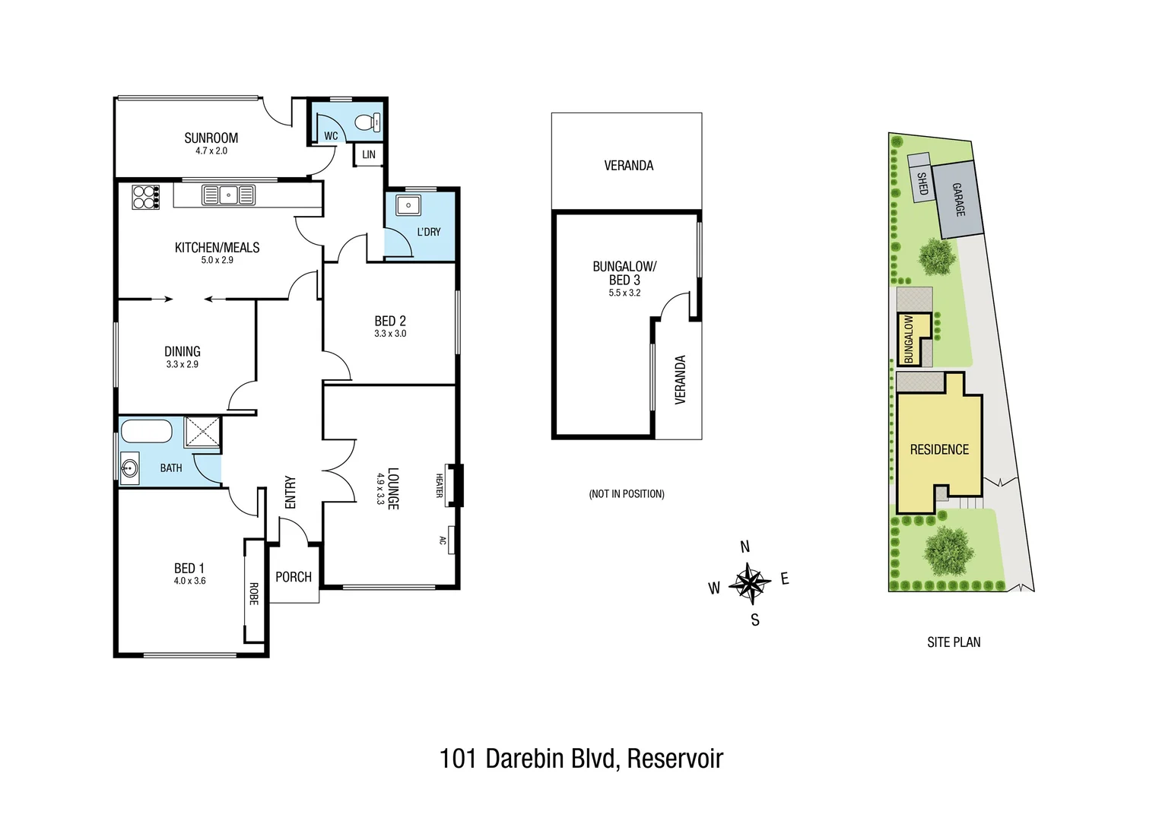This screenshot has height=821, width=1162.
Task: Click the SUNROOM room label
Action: (x=211, y=138)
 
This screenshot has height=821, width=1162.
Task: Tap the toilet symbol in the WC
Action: (x=368, y=122)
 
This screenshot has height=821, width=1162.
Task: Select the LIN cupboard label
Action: (x=369, y=154)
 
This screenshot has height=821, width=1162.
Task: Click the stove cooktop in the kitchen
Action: (x=146, y=197)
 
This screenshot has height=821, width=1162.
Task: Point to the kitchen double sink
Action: (x=228, y=195)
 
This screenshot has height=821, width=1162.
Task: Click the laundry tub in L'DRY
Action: (x=408, y=205)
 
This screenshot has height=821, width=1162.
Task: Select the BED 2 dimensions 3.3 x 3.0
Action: (x=390, y=334)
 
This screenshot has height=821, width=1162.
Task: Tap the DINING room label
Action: (x=183, y=351)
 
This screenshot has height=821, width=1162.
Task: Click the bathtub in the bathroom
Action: (x=147, y=431)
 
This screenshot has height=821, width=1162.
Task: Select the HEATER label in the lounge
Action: (x=440, y=486)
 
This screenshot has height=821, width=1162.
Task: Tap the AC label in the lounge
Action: (x=442, y=540)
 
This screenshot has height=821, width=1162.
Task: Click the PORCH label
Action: (x=294, y=577)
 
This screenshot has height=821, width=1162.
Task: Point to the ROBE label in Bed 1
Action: (x=253, y=594)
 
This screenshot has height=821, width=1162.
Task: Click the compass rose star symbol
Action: (x=750, y=584)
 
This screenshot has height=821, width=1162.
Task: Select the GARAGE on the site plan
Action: (x=958, y=199)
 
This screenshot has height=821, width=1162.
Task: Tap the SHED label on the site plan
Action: (x=922, y=184)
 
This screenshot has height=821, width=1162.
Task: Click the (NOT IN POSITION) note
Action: (x=627, y=494)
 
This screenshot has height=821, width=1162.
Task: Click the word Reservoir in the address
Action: (x=675, y=758)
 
